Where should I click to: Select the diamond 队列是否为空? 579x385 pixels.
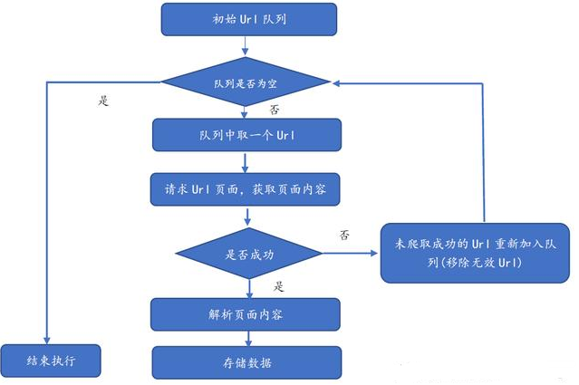[246, 82]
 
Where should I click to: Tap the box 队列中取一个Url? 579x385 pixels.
[246, 135]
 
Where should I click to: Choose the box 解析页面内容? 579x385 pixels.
[246, 314]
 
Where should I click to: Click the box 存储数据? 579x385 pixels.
[246, 362]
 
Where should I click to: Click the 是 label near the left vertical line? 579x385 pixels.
[102, 101]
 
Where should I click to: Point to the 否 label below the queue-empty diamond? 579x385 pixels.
[275, 110]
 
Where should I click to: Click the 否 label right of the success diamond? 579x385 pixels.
[344, 234]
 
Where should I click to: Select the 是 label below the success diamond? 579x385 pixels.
[279, 286]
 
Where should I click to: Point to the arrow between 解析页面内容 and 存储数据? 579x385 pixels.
[246, 338]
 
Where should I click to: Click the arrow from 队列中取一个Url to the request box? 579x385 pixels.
[246, 162]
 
